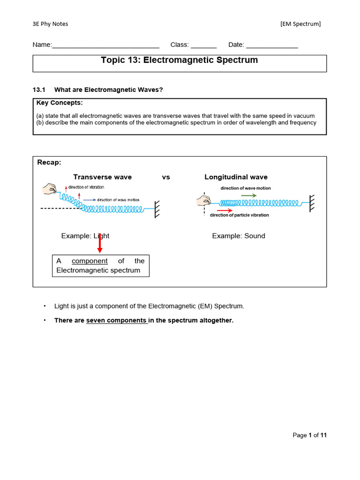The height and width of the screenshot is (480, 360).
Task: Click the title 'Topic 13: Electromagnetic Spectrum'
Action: (x=180, y=60)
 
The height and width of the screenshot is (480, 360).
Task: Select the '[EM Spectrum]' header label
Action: (x=300, y=24)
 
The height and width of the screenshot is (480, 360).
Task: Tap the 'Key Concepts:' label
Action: (x=60, y=103)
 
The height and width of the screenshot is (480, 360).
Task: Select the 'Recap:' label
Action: (x=49, y=163)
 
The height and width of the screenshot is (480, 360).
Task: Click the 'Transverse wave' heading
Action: (x=103, y=177)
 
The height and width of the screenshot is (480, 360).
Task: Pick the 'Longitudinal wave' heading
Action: (x=236, y=177)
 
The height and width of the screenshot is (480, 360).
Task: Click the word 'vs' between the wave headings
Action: (x=166, y=177)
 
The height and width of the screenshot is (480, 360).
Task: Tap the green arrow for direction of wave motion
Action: (x=248, y=195)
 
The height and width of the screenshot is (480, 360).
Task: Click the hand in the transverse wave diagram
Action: (x=49, y=189)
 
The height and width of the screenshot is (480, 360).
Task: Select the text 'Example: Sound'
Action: (x=238, y=236)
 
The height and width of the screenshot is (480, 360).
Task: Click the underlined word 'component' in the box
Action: (x=90, y=261)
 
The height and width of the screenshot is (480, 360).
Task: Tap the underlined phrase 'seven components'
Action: (x=117, y=321)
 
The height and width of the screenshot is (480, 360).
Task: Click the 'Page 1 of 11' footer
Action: (x=309, y=435)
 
